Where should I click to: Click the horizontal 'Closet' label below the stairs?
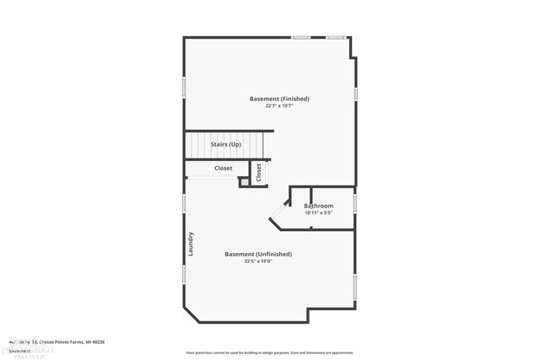(223, 168)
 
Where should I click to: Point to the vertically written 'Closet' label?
(259, 172)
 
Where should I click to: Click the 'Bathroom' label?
(319, 206)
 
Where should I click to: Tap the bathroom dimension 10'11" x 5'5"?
(319, 212)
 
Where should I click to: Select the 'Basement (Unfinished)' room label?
(258, 254)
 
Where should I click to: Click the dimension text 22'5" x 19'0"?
(258, 261)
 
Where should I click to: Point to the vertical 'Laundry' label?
(192, 244)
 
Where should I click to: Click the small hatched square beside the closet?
(244, 180)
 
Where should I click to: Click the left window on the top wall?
(300, 37)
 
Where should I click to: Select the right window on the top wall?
(337, 37)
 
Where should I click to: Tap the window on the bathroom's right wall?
(355, 205)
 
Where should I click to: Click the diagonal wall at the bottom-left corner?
(192, 314)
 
